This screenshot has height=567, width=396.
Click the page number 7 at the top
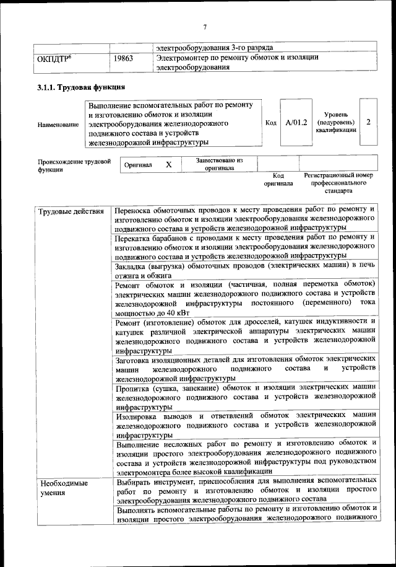tap(204, 26)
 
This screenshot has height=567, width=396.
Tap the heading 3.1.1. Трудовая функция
tap(81, 87)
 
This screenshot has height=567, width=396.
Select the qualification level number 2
tap(368, 122)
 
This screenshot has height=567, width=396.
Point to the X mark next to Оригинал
tap(168, 165)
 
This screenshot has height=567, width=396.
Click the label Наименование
tap(58, 125)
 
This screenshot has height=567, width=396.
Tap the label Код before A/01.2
tap(270, 123)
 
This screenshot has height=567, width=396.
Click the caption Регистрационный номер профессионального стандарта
tap(338, 183)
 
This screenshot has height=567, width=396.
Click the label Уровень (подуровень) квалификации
tap(335, 122)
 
